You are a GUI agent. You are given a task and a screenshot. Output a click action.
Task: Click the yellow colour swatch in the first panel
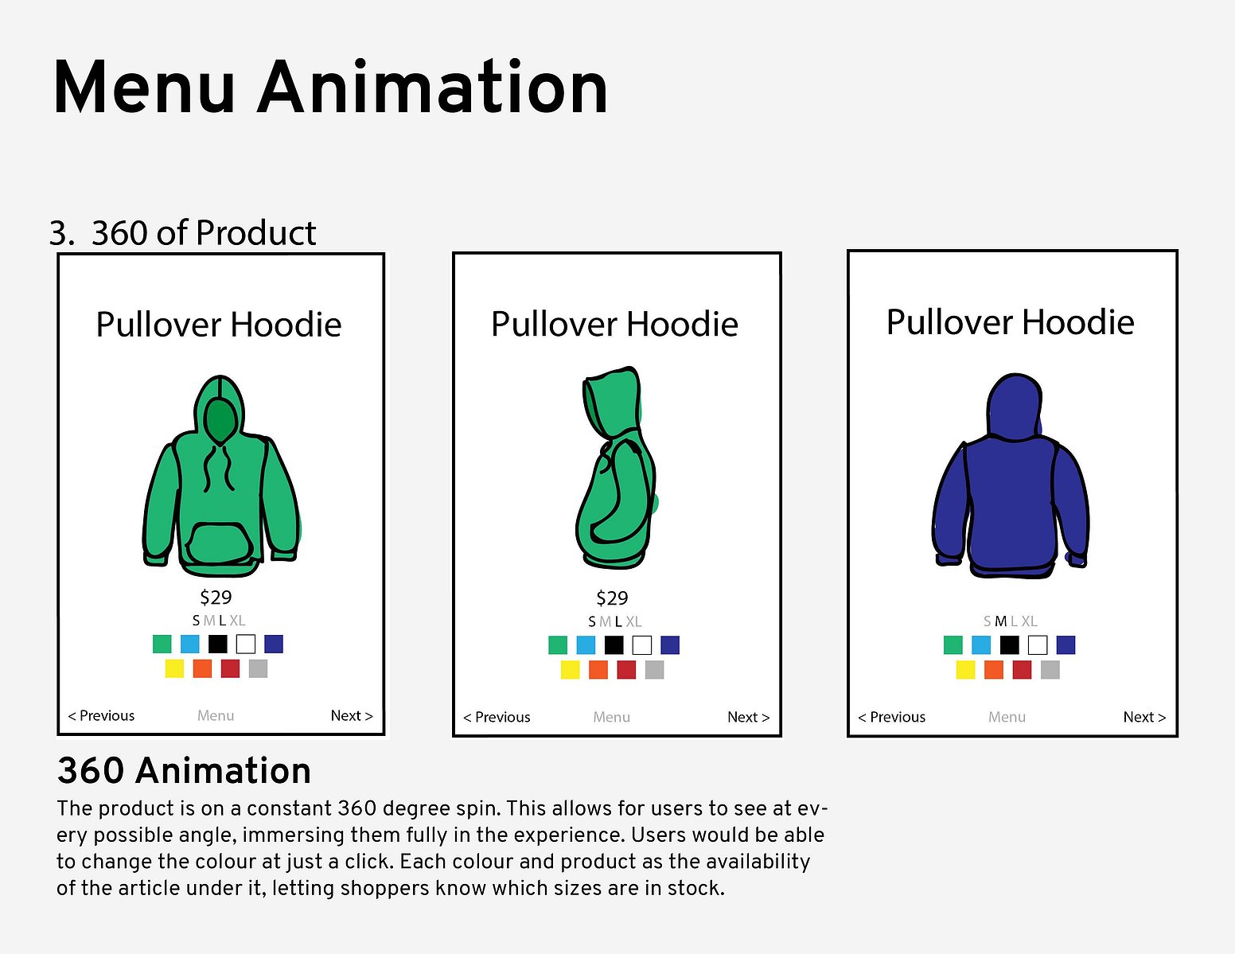click(x=174, y=668)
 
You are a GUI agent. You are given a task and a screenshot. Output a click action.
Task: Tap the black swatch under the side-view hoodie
click(x=614, y=645)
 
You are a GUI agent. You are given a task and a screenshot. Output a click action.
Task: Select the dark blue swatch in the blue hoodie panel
click(x=1066, y=645)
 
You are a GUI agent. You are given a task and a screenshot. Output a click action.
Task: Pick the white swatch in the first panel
click(x=246, y=644)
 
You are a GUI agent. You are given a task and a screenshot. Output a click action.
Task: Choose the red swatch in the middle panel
click(x=626, y=669)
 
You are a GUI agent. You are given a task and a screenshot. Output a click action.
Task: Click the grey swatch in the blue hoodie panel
click(x=1050, y=669)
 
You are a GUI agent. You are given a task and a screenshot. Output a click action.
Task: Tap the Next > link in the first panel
click(x=352, y=715)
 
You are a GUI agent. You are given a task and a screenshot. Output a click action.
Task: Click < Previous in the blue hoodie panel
click(x=892, y=717)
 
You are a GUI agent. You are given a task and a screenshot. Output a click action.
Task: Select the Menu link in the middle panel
click(x=612, y=717)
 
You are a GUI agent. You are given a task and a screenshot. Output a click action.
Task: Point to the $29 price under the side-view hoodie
click(x=612, y=598)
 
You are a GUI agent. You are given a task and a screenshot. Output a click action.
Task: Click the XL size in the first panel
click(x=237, y=621)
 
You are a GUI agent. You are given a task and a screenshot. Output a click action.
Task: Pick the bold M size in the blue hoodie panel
click(x=1001, y=621)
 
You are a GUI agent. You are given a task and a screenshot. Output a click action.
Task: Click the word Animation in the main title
click(x=432, y=88)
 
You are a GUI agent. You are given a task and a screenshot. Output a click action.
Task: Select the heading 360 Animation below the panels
click(x=184, y=770)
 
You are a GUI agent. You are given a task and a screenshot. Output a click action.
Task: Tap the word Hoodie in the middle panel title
click(x=682, y=324)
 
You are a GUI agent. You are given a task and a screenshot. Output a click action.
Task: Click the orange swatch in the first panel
click(x=202, y=668)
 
